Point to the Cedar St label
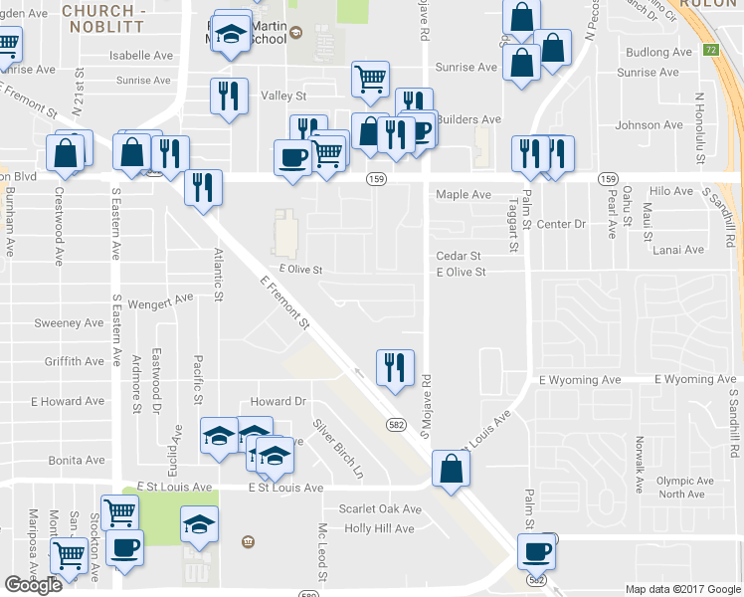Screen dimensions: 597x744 (459, 256)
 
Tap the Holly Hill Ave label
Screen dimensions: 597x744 (379, 528)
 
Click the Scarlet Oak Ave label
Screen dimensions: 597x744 (380, 508)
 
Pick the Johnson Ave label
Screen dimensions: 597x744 (650, 125)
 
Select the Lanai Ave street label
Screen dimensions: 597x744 (679, 250)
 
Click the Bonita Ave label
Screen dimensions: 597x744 (76, 462)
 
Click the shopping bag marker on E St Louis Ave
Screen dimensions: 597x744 (451, 468)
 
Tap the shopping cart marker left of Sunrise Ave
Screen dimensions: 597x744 (370, 78)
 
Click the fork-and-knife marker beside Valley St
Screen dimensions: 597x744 (229, 96)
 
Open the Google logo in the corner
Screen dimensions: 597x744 (32, 585)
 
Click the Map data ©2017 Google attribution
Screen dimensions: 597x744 (681, 589)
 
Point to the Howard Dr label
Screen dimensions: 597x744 (278, 401)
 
